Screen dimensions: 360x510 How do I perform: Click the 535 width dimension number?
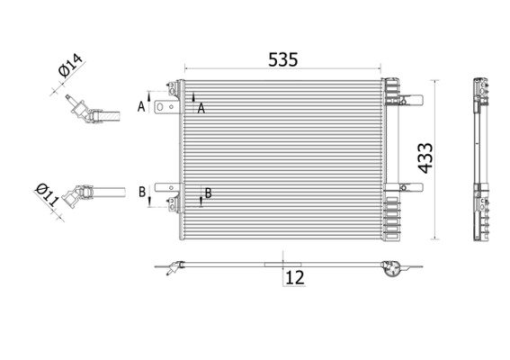(x=282, y=59)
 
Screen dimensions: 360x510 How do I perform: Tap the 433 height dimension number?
(x=425, y=160)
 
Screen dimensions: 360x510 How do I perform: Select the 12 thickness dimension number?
(x=294, y=279)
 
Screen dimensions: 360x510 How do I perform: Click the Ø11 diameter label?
(x=47, y=194)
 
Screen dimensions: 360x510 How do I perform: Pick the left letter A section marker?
(x=141, y=106)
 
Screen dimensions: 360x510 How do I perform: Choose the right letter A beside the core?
(x=201, y=107)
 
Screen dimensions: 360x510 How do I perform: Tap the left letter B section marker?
(x=142, y=192)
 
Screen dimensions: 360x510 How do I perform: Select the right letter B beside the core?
(x=208, y=192)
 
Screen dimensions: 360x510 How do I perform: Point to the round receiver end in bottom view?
(x=389, y=268)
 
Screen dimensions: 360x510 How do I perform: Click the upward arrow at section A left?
(x=149, y=96)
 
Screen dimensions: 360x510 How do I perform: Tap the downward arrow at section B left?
(x=149, y=202)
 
